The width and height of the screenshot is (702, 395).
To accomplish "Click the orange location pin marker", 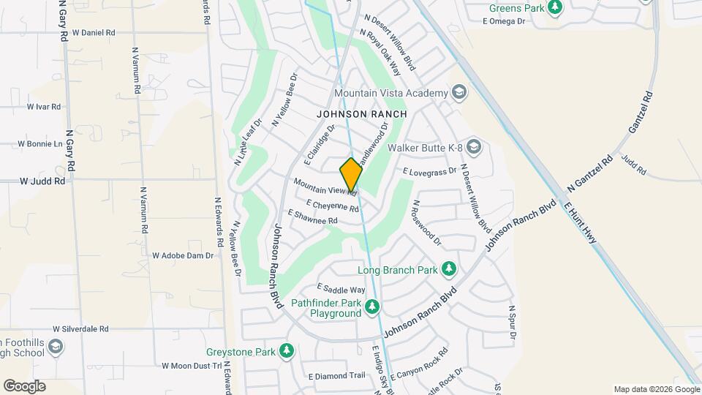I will pos(351,174).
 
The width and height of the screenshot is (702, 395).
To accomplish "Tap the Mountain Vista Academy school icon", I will pos(458,92).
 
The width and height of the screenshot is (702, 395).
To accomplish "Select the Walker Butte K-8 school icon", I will pos(473,148).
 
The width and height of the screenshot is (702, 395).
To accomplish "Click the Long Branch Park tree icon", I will pos(449,270).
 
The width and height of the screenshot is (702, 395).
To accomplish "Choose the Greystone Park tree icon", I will pos(287,352).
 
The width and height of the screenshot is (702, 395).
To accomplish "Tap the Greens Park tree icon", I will pos(556,7).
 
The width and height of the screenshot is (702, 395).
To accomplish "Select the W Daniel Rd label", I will pos(94,33).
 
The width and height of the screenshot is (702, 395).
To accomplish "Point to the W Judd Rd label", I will pos(42,180).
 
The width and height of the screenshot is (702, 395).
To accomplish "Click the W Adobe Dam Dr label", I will pos(182,256).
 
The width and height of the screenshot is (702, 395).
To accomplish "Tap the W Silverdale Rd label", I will pos(80,330).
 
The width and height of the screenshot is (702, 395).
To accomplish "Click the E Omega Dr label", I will pos(505,22).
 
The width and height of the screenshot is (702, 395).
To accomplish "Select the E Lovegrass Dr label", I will pos(429,170).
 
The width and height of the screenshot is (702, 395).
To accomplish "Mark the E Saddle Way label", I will pos(340,290).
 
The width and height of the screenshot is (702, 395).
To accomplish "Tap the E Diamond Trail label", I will pos(336,376).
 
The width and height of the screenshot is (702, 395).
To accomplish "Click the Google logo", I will pos(24,386).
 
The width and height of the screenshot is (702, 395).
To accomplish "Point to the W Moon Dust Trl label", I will pos(191,365).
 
